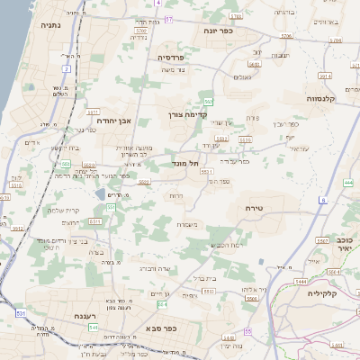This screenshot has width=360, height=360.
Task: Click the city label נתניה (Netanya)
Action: coord(50,25)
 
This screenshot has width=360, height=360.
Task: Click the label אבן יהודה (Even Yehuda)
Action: coord(113,120)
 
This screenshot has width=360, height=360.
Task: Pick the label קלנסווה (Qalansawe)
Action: coord(322,98)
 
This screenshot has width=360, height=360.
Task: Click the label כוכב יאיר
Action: coord(343,246)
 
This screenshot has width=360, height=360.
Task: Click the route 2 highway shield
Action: coord(67,68)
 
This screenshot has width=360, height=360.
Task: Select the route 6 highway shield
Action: coord(322,200)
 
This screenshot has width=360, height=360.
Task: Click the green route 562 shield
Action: coord(208,101)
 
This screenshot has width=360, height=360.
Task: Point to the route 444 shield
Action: coord(301,283)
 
